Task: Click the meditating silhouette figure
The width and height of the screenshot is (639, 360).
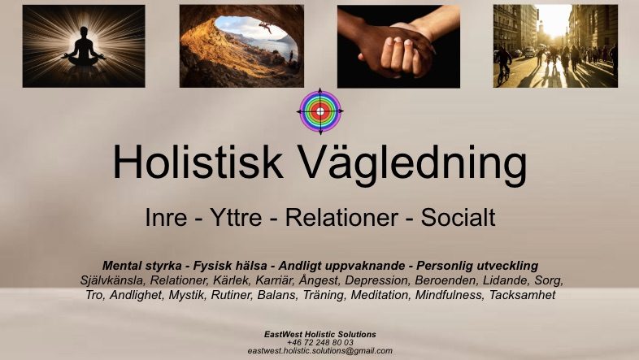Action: [84, 47]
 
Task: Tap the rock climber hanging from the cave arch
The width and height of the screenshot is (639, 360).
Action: [265, 28]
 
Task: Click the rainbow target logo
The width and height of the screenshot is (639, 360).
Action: [320, 111]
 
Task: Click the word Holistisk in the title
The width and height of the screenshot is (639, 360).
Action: [198, 161]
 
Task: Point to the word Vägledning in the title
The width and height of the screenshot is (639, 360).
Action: [412, 164]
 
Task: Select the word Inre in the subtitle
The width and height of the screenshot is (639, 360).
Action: [166, 218]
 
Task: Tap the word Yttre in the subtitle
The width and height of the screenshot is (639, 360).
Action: [236, 218]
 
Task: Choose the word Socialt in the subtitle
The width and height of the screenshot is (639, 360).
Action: [458, 218]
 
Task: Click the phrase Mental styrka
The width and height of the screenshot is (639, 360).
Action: [141, 266]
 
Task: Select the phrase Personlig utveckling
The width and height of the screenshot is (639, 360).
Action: [477, 266]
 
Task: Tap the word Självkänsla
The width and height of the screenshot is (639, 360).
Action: [112, 280]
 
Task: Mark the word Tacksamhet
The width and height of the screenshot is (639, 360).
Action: [523, 295]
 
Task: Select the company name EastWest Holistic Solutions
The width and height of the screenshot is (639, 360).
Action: [320, 334]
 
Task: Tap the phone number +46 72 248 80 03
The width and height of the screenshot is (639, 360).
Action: [320, 342]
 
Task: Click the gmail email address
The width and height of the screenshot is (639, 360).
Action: [320, 350]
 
